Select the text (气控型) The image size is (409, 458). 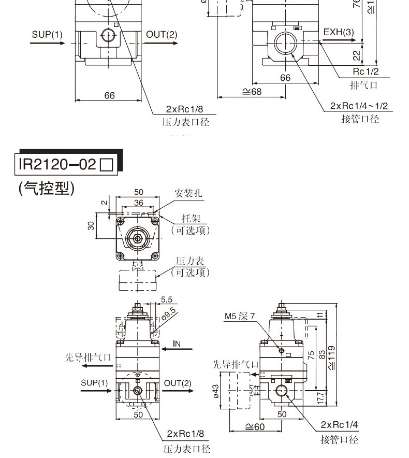pyautogui.click(x=47, y=189)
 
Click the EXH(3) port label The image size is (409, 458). pyautogui.click(x=339, y=32)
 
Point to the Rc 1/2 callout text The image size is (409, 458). pyautogui.click(x=366, y=71)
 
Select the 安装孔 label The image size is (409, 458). pyautogui.click(x=188, y=193)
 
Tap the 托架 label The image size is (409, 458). pyautogui.click(x=191, y=218)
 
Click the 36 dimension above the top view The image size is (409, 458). pyautogui.click(x=138, y=203)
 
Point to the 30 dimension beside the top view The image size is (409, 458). pyautogui.click(x=91, y=226)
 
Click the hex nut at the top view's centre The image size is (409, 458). pyautogui.click(x=138, y=239)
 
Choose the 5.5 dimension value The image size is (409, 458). pyautogui.click(x=167, y=299)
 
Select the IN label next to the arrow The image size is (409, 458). pyautogui.click(x=177, y=344)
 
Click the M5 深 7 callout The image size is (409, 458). pyautogui.click(x=240, y=316)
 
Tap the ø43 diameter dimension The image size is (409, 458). pyautogui.click(x=216, y=390)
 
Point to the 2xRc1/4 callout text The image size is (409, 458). pyautogui.click(x=339, y=425)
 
